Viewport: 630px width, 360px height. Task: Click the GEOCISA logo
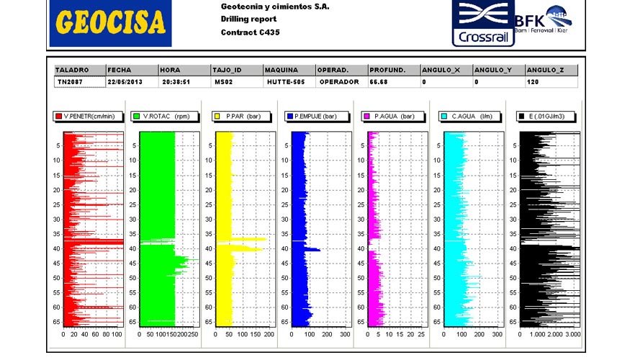pyautogui.click(x=111, y=24)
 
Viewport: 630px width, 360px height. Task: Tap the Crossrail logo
pyautogui.click(x=482, y=23)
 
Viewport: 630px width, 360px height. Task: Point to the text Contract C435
pyautogui.click(x=250, y=32)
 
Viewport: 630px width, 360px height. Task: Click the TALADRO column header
pyautogui.click(x=72, y=70)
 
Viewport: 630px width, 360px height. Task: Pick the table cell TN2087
pyautogui.click(x=71, y=82)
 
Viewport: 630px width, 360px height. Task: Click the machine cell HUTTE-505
pyautogui.click(x=283, y=82)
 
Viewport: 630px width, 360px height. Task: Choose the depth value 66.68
pyautogui.click(x=379, y=82)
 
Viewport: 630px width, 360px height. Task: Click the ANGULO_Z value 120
pyautogui.click(x=532, y=82)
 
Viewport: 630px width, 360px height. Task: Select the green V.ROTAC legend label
pyautogui.click(x=162, y=116)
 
